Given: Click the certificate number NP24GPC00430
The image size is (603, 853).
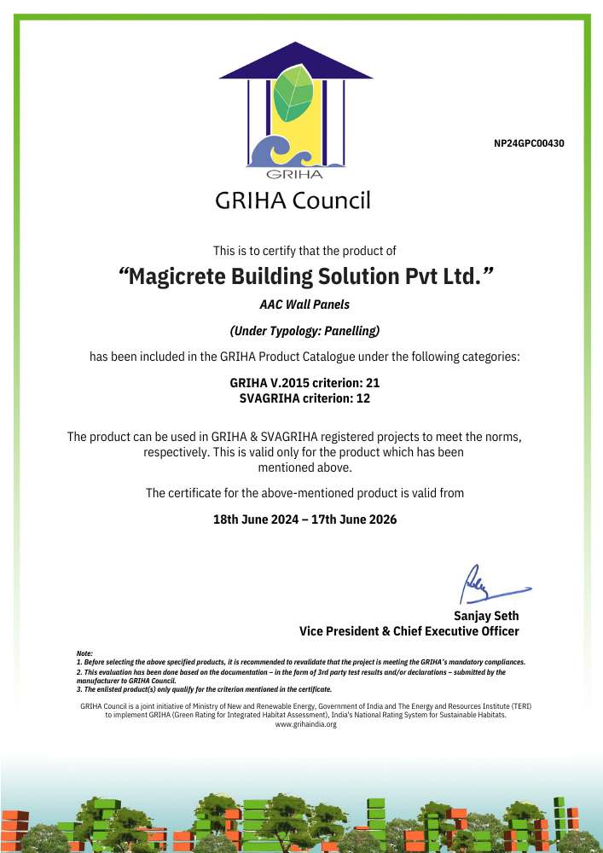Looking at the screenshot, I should tap(529, 143).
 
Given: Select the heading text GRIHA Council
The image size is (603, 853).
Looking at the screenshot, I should tap(293, 201).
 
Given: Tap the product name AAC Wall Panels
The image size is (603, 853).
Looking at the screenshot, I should tap(304, 304).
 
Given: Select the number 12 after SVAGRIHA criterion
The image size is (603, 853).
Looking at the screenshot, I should tap(362, 397).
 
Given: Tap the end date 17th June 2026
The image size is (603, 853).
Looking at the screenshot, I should tap(351, 519).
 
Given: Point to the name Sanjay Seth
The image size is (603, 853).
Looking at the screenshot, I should tap(486, 616).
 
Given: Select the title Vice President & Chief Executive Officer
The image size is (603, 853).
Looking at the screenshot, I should tap(409, 631).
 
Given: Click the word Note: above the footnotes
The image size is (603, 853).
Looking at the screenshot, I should tap(84, 653).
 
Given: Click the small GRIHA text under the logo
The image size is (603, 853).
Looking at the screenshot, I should tap(294, 175).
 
